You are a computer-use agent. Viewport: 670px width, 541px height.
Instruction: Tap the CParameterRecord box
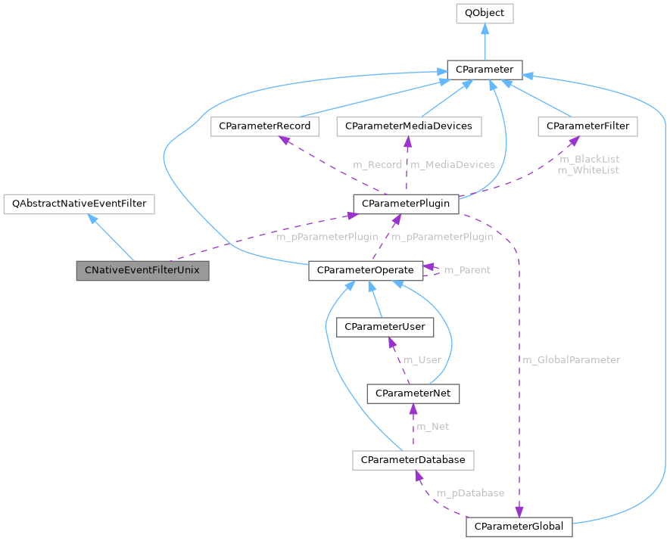(264, 126)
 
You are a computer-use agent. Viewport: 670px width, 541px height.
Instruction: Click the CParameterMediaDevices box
(409, 126)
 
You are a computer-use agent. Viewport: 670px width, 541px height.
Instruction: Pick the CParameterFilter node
(587, 126)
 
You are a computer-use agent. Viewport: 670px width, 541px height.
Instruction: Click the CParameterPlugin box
(406, 204)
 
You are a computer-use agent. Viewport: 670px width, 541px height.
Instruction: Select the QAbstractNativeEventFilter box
(79, 204)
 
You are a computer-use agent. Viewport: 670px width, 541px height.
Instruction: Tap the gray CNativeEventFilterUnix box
(142, 270)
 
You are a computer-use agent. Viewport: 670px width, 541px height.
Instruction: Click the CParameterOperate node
(365, 270)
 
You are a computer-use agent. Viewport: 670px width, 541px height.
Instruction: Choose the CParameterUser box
(385, 327)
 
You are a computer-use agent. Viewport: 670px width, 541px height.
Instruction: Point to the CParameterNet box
(413, 393)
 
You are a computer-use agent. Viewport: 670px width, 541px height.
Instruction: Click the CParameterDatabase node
(413, 459)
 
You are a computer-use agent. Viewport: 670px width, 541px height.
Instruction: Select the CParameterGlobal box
(519, 526)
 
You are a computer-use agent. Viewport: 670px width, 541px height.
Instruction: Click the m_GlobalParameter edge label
(572, 359)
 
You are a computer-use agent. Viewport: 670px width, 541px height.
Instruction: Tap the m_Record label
(378, 164)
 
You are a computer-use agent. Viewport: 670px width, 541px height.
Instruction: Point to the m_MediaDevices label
(453, 164)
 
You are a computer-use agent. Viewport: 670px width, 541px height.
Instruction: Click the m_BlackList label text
(589, 159)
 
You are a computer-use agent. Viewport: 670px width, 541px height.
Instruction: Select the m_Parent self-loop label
(466, 270)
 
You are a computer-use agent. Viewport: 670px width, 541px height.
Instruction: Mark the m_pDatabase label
(470, 493)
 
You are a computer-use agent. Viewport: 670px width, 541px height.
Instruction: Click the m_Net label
(434, 426)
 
